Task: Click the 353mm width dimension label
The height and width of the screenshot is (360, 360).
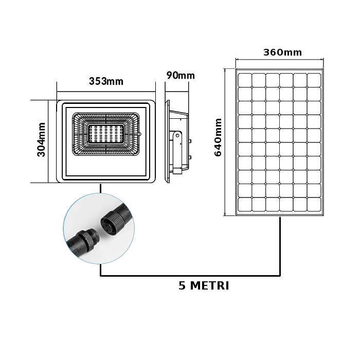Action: (x=106, y=81)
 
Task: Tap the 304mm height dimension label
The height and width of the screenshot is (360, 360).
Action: (x=41, y=139)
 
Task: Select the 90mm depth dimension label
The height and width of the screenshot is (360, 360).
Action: (x=181, y=75)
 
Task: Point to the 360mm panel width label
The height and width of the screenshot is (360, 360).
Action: (x=282, y=52)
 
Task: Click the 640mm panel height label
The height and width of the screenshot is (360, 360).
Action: (x=218, y=137)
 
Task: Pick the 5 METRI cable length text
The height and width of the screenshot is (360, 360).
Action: (x=204, y=285)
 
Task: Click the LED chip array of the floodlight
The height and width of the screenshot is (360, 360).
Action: (x=106, y=134)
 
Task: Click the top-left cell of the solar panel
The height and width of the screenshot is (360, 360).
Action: (x=245, y=80)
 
